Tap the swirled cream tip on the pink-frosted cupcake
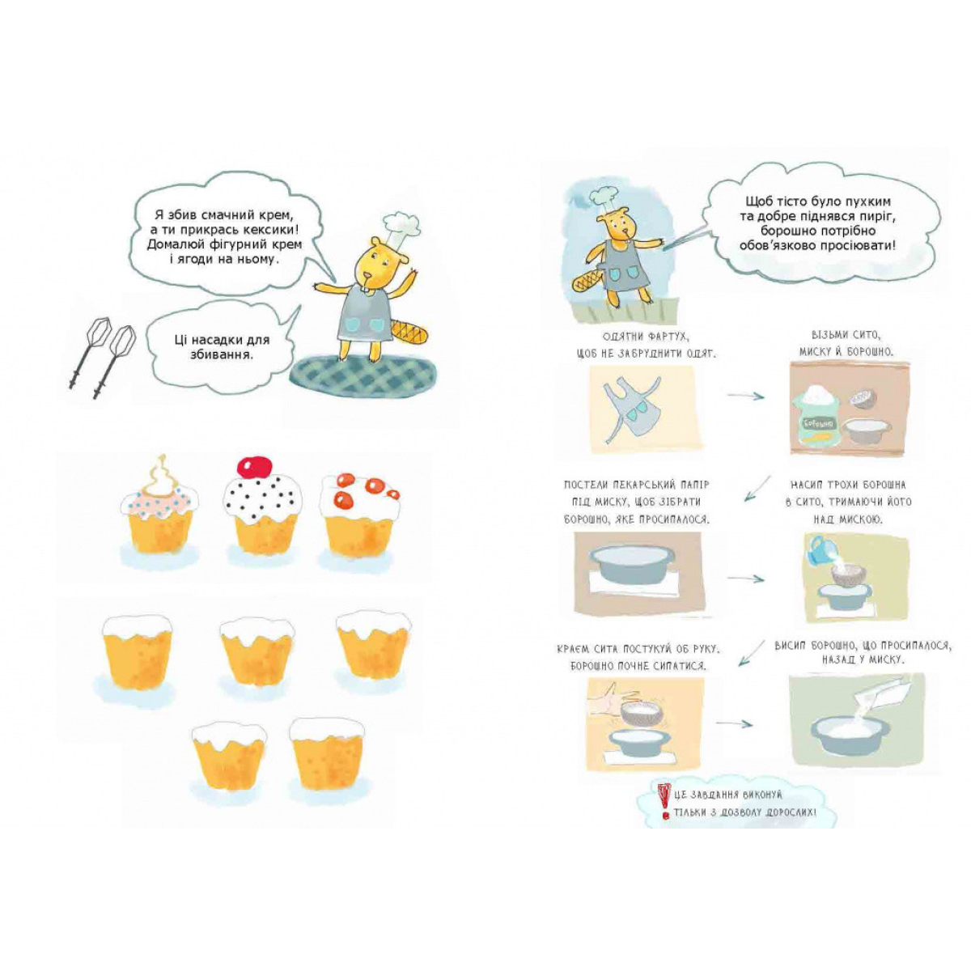[161, 471]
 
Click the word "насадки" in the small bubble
[220, 340]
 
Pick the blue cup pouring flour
[820, 549]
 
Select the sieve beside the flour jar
[863, 400]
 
